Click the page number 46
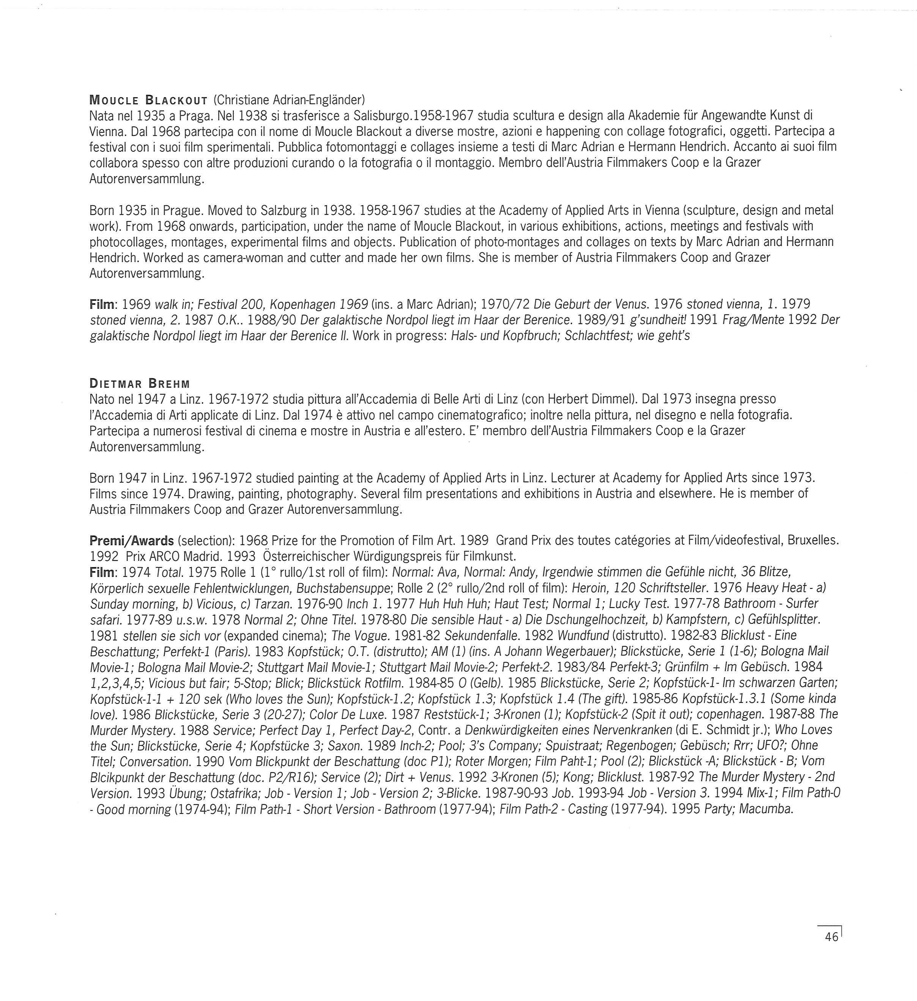point(832,937)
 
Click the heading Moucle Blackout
point(148,100)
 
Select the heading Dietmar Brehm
point(140,383)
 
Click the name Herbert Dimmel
point(597,399)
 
